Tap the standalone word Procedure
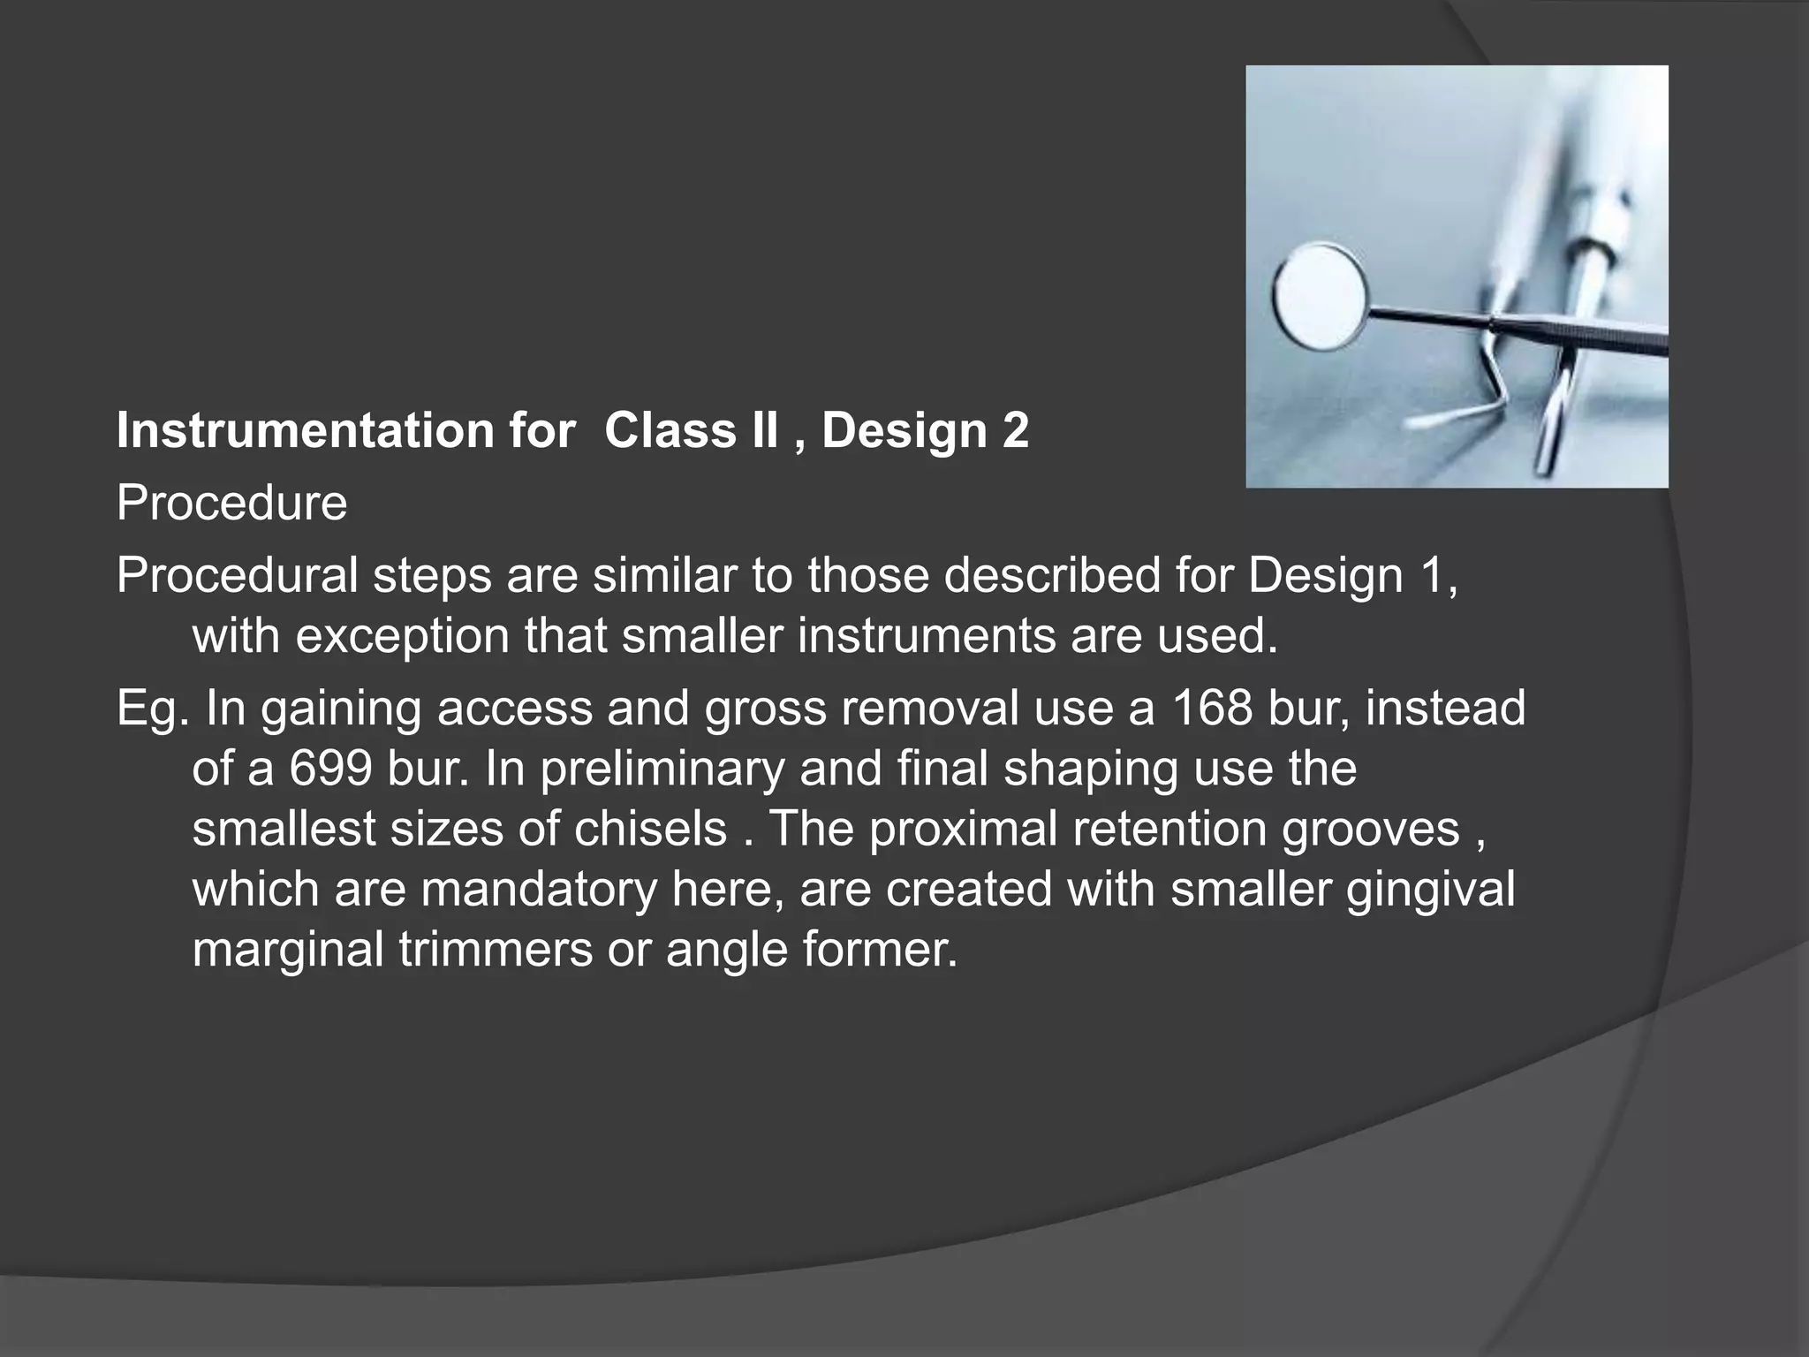[231, 504]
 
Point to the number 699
[330, 769]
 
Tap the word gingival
[1430, 889]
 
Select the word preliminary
[662, 769]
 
